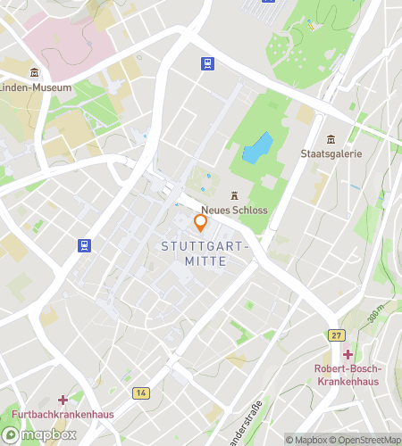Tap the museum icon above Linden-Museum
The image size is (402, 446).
(x=35, y=72)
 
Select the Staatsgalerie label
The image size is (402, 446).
(x=331, y=153)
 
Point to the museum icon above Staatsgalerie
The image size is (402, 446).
(x=331, y=138)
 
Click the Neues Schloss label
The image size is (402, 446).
(x=235, y=211)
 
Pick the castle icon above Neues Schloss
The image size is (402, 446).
(x=235, y=195)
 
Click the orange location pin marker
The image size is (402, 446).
(x=201, y=222)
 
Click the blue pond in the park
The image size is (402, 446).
(x=257, y=147)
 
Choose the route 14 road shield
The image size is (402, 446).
(x=141, y=392)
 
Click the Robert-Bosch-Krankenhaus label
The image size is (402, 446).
(x=348, y=375)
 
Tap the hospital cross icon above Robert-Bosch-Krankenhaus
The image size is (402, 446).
(x=348, y=354)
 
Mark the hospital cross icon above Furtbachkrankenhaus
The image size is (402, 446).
(x=62, y=400)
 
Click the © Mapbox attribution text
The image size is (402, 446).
(x=305, y=440)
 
